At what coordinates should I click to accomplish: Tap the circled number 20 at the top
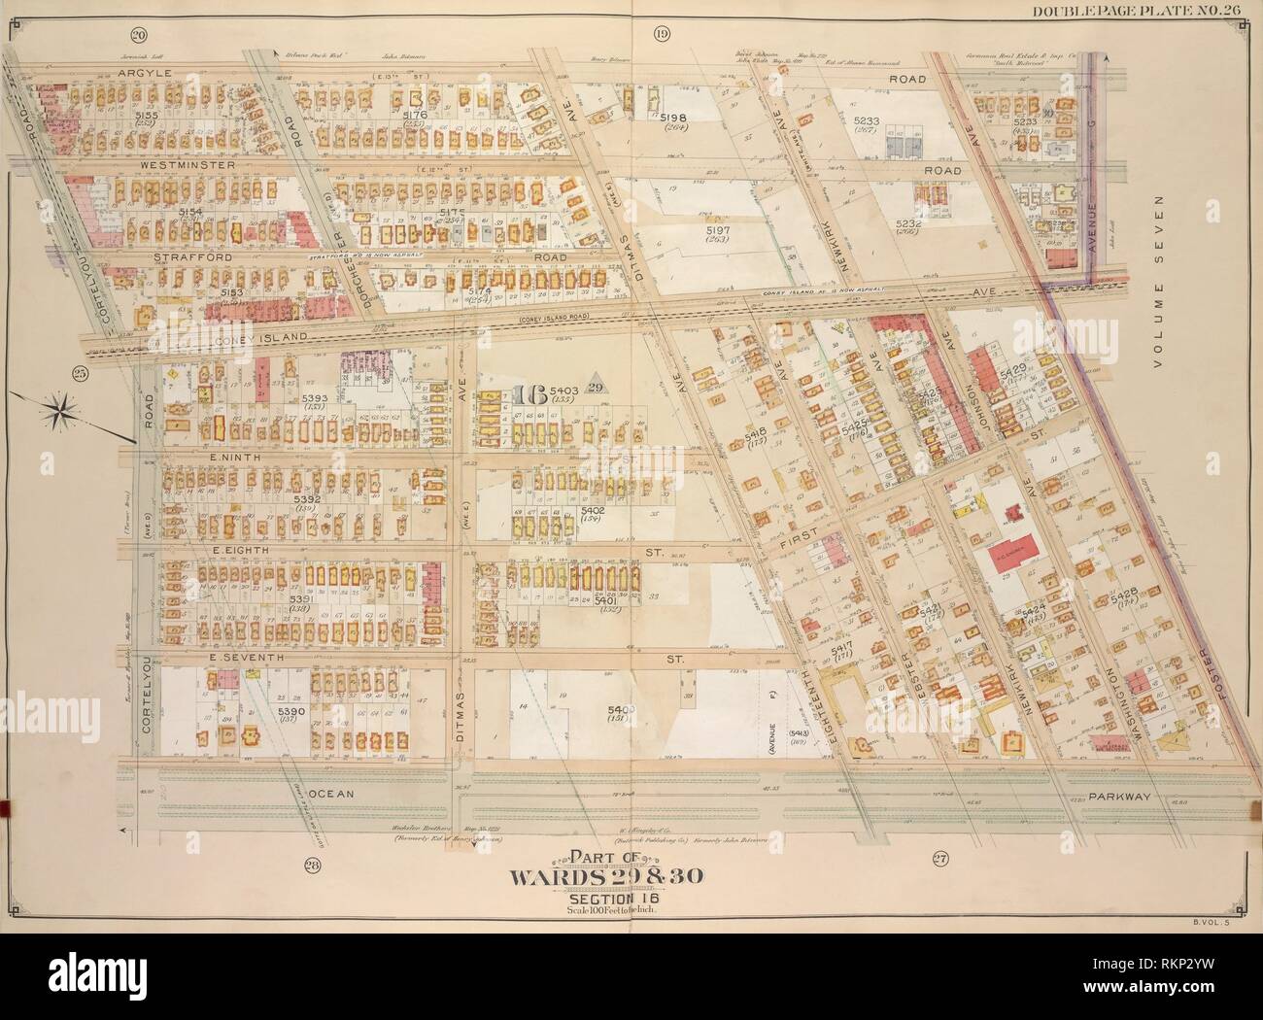(139, 36)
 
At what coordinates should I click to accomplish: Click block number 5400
(622, 711)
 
